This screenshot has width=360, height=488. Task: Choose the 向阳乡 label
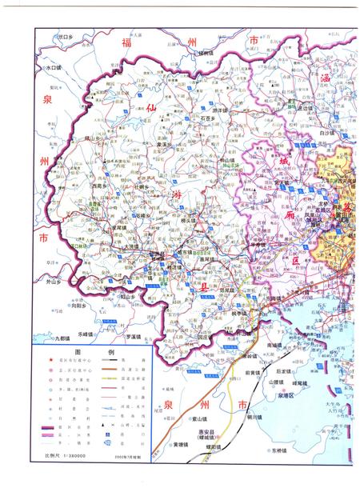tap(78, 306)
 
